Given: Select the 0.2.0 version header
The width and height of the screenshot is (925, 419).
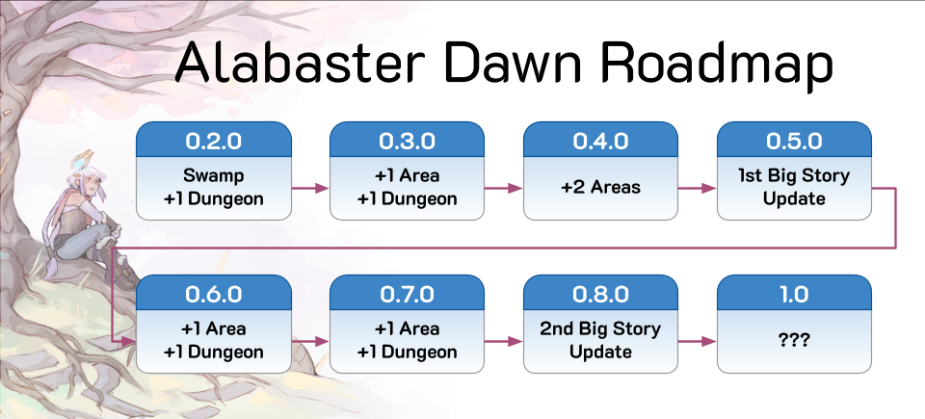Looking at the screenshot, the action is pyautogui.click(x=214, y=141).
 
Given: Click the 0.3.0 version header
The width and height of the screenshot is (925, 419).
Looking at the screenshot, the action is pyautogui.click(x=407, y=141).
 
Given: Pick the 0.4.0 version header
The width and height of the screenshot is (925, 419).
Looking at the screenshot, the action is pyautogui.click(x=600, y=141).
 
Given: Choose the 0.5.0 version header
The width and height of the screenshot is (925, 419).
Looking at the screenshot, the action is pyautogui.click(x=794, y=141).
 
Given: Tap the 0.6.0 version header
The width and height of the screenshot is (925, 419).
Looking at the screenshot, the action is pyautogui.click(x=214, y=293).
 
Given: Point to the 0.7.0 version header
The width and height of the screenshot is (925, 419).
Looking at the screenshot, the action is pyautogui.click(x=407, y=293).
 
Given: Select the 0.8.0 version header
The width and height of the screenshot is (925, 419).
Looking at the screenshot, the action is pyautogui.click(x=600, y=293).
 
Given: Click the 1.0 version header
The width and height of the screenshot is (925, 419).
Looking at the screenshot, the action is pyautogui.click(x=794, y=293).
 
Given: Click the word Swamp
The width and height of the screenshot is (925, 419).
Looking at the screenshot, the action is pyautogui.click(x=214, y=176).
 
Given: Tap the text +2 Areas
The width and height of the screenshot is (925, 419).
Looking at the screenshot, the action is pyautogui.click(x=600, y=188).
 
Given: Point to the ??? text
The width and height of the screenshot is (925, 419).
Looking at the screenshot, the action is pyautogui.click(x=794, y=341).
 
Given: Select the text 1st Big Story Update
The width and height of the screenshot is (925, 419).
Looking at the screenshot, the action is pyautogui.click(x=794, y=187).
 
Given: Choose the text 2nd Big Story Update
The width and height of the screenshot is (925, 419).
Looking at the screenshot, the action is pyautogui.click(x=600, y=340).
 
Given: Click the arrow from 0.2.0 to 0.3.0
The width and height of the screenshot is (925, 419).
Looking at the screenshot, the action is pyautogui.click(x=310, y=188).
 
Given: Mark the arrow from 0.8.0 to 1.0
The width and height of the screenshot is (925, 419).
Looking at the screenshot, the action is pyautogui.click(x=698, y=341).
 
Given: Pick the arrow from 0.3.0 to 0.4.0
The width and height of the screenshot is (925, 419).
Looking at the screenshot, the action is pyautogui.click(x=504, y=188).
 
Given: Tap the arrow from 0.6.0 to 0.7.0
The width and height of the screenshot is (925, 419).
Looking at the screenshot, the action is pyautogui.click(x=310, y=341).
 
